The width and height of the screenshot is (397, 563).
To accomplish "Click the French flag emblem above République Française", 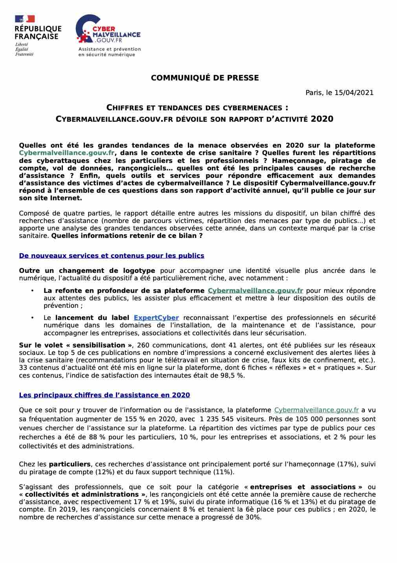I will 25,19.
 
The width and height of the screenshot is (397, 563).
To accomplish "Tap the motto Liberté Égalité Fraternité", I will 24,49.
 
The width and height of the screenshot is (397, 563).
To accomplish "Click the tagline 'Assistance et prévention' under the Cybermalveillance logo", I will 109,49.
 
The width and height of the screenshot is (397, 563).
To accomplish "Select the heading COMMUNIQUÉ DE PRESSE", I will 205,78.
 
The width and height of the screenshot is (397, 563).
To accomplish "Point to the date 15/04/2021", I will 354,93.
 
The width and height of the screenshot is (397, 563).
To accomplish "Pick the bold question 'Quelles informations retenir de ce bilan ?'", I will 127,236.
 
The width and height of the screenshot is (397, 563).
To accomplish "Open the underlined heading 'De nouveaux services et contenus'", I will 112,256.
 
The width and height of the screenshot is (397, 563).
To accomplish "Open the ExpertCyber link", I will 156,318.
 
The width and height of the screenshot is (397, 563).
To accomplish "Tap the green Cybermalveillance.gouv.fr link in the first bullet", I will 255,291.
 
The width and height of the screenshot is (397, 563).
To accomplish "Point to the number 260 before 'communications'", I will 142,345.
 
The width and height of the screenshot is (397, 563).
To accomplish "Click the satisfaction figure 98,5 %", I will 232,375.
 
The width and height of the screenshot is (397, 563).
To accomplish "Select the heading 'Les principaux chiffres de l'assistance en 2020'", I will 105,395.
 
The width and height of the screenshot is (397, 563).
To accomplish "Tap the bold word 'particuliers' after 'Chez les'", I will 70,464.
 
